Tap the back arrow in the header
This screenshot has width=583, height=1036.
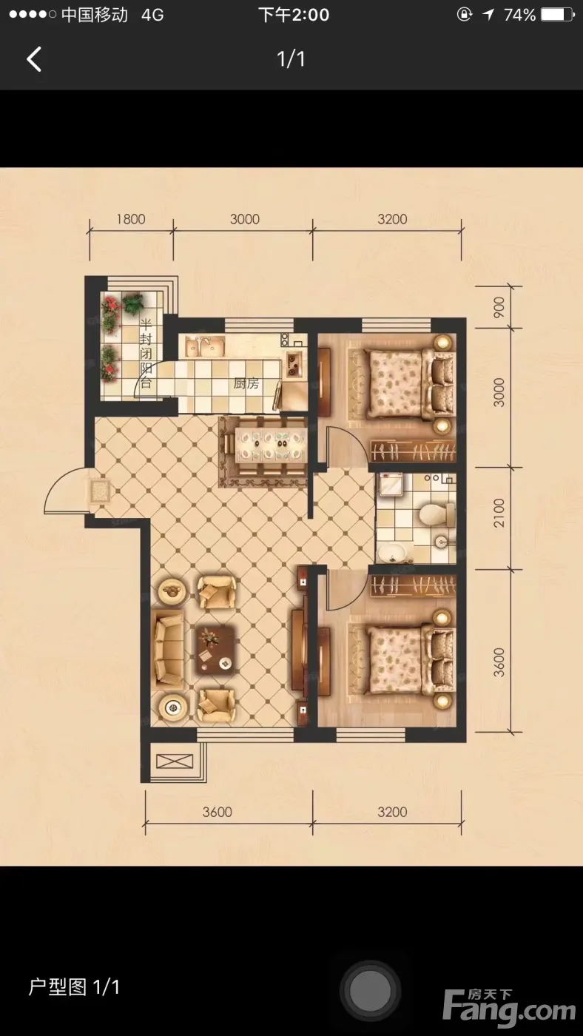(x=34, y=59)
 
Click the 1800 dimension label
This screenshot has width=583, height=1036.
(x=131, y=219)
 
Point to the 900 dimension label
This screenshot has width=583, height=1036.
(x=499, y=307)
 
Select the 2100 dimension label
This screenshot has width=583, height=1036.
(x=499, y=512)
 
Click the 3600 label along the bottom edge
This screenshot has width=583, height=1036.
(x=218, y=812)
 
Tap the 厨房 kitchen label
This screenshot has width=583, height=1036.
(x=246, y=383)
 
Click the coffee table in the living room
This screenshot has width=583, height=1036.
(x=215, y=649)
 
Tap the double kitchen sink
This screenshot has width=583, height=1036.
(x=205, y=346)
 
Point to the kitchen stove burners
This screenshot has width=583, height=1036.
(x=294, y=364)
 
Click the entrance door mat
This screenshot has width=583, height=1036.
(x=101, y=491)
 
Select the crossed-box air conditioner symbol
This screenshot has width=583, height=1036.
(x=175, y=761)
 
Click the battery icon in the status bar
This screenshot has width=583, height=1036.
(x=558, y=15)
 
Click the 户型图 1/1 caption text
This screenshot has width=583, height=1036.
(x=74, y=987)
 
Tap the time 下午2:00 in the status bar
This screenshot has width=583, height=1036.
(x=294, y=15)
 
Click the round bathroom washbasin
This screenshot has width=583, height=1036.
(x=392, y=553)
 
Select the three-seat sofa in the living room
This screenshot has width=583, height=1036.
(x=168, y=647)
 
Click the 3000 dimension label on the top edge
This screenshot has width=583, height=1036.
(x=245, y=219)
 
